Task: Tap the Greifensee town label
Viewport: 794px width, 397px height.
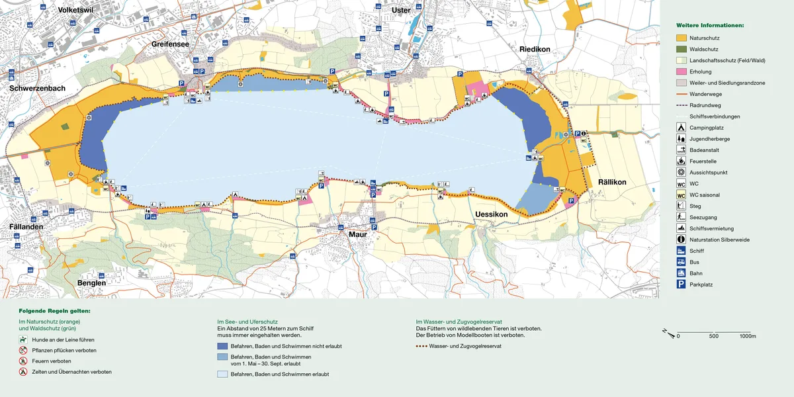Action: (x=171, y=44)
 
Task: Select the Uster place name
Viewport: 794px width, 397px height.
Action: (x=401, y=10)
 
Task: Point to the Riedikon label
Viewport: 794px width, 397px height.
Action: (x=535, y=49)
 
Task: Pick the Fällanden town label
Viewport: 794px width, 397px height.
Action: (x=26, y=226)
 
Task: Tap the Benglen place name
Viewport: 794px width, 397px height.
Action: (x=91, y=283)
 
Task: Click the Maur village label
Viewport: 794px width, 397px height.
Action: (x=357, y=233)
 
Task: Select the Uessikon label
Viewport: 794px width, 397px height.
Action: (x=491, y=215)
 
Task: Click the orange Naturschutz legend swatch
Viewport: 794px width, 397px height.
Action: (x=680, y=38)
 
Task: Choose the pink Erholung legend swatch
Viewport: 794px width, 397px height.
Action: (x=680, y=71)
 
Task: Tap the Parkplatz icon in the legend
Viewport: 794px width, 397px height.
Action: (x=680, y=285)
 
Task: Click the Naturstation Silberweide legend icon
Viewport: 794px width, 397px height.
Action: (x=680, y=240)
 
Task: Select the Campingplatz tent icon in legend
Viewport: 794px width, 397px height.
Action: (x=680, y=127)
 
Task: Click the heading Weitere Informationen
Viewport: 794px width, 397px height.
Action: (x=709, y=24)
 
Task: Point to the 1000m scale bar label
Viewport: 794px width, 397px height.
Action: (x=748, y=337)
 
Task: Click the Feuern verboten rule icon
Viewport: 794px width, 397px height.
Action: (x=23, y=361)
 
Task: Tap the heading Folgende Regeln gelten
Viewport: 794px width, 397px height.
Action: (x=54, y=310)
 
